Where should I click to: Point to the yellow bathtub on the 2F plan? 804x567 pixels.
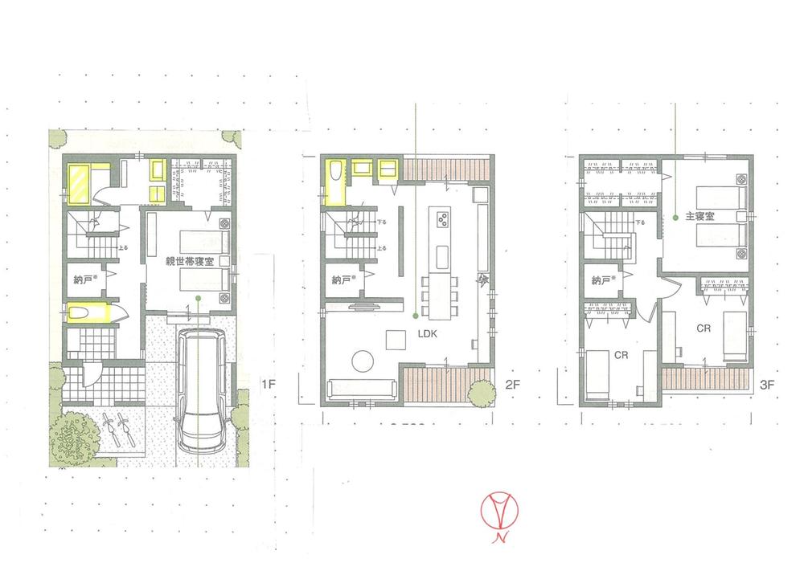pos(334,182)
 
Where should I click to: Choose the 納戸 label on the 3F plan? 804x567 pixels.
pos(601,280)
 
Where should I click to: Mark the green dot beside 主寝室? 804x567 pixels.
pos(674,217)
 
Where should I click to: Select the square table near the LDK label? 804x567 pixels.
pos(396,340)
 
